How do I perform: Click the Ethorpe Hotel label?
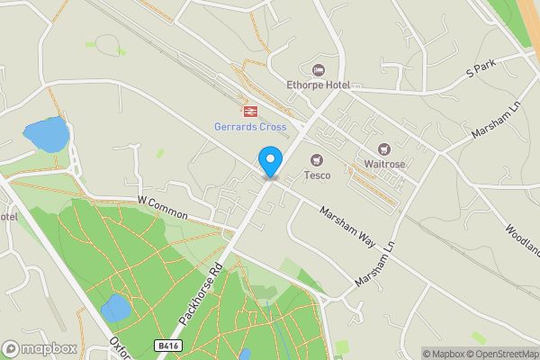click(319, 85)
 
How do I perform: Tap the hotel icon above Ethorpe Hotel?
click(317, 69)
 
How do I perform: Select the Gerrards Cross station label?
click(250, 127)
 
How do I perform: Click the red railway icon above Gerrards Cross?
click(249, 111)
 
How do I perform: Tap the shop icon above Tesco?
click(317, 159)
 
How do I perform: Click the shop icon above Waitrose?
click(385, 148)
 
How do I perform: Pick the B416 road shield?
click(167, 345)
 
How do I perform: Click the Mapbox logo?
click(39, 348)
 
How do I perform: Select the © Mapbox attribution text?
click(442, 354)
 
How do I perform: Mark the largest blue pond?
click(46, 134)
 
